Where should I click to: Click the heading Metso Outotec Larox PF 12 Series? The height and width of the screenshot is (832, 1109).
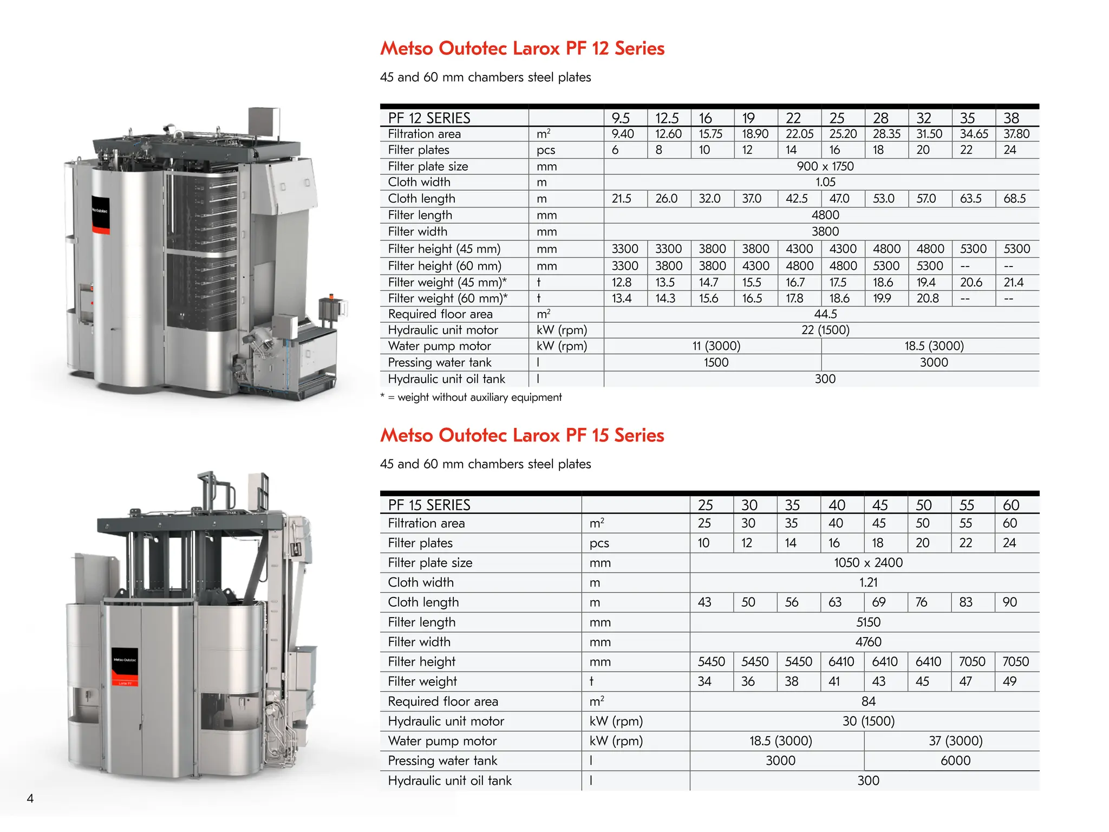522,48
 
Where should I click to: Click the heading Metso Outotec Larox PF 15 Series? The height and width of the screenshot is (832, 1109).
522,435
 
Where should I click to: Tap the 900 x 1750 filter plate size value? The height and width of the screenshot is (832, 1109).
825,166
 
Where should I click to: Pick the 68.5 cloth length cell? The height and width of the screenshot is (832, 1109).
1014,198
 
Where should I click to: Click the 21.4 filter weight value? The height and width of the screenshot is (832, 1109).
1013,282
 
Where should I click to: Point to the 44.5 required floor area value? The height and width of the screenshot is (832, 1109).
825,314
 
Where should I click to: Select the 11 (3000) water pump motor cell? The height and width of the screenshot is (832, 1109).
716,346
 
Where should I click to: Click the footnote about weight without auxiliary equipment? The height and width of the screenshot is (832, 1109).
471,397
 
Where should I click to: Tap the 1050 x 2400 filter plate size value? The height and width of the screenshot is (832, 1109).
868,562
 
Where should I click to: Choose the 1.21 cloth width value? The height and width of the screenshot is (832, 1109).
868,582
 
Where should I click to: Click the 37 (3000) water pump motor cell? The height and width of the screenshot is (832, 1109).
955,740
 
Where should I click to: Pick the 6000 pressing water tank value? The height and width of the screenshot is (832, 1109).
955,760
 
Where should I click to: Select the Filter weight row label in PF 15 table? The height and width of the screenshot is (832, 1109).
422,681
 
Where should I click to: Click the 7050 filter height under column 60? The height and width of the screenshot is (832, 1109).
1015,661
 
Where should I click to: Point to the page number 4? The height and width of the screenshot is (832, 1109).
30,798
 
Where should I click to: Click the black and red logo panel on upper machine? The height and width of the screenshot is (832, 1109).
100,215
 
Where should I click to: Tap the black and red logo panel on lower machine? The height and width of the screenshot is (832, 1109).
125,667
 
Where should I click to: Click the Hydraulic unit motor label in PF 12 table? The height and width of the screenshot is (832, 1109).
443,330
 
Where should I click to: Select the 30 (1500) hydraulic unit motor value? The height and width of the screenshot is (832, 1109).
868,721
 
